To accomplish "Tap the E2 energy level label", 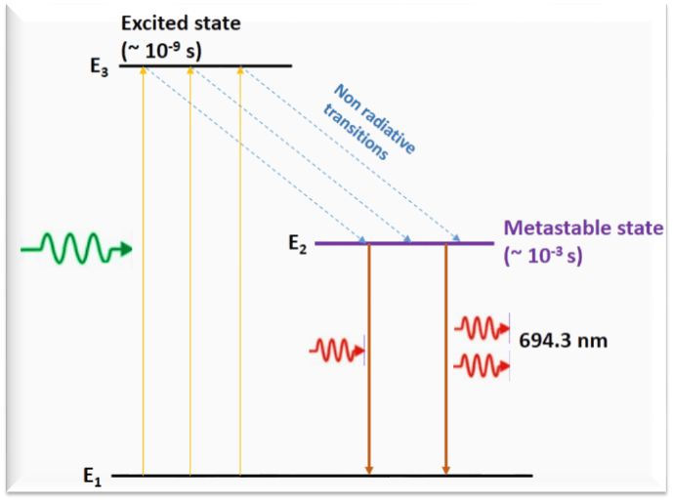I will click(x=298, y=244).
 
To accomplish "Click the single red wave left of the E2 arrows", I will click(x=337, y=348).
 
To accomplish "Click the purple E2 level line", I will click(x=404, y=243).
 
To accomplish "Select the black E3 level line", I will click(x=205, y=66).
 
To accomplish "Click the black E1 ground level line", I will click(x=322, y=477).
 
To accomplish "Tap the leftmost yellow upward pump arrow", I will click(x=144, y=273).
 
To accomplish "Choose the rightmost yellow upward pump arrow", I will click(x=239, y=273).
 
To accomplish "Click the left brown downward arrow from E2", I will click(x=368, y=361).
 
